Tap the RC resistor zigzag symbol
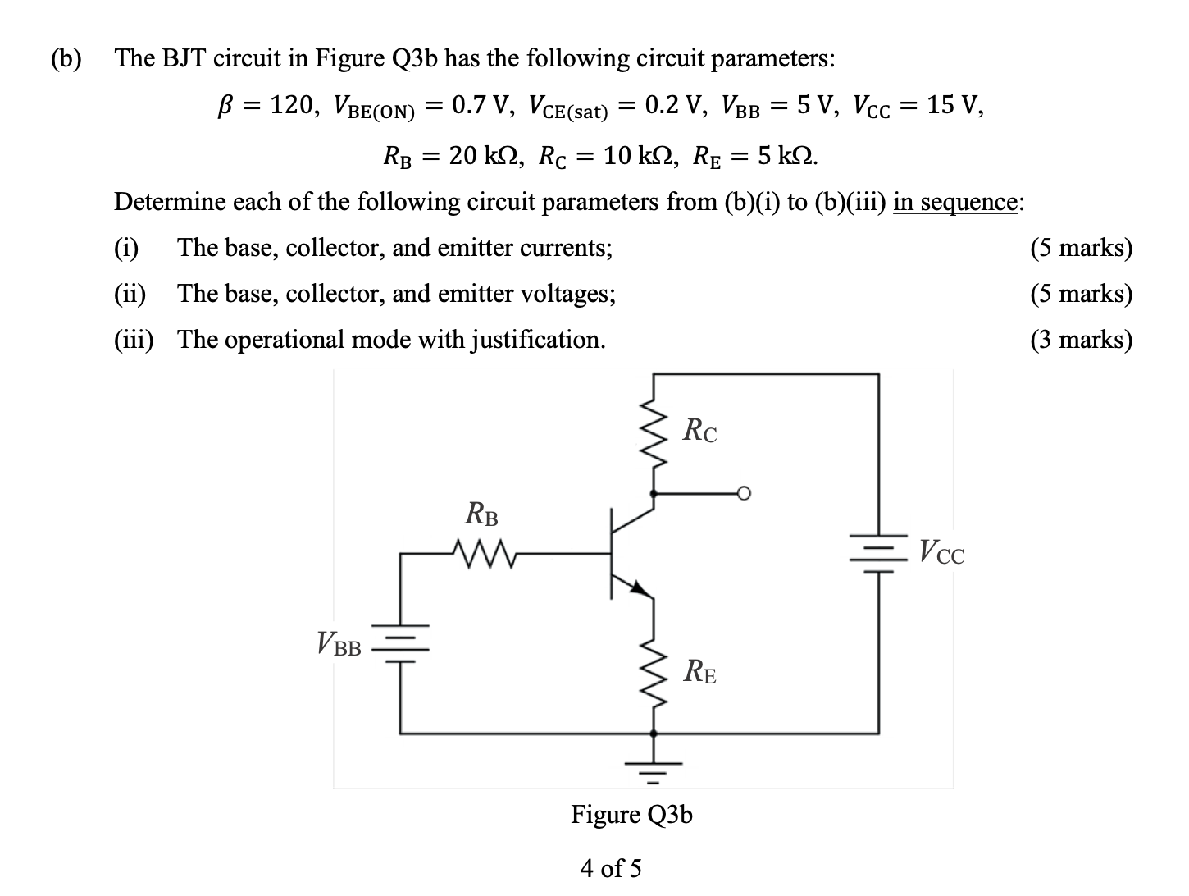pos(654,434)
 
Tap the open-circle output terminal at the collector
pos(743,493)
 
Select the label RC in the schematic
pos(699,431)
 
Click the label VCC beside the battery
pos(941,551)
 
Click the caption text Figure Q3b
pos(631,814)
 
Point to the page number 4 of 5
pos(611,867)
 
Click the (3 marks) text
pos(1081,339)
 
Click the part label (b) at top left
pos(67,58)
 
